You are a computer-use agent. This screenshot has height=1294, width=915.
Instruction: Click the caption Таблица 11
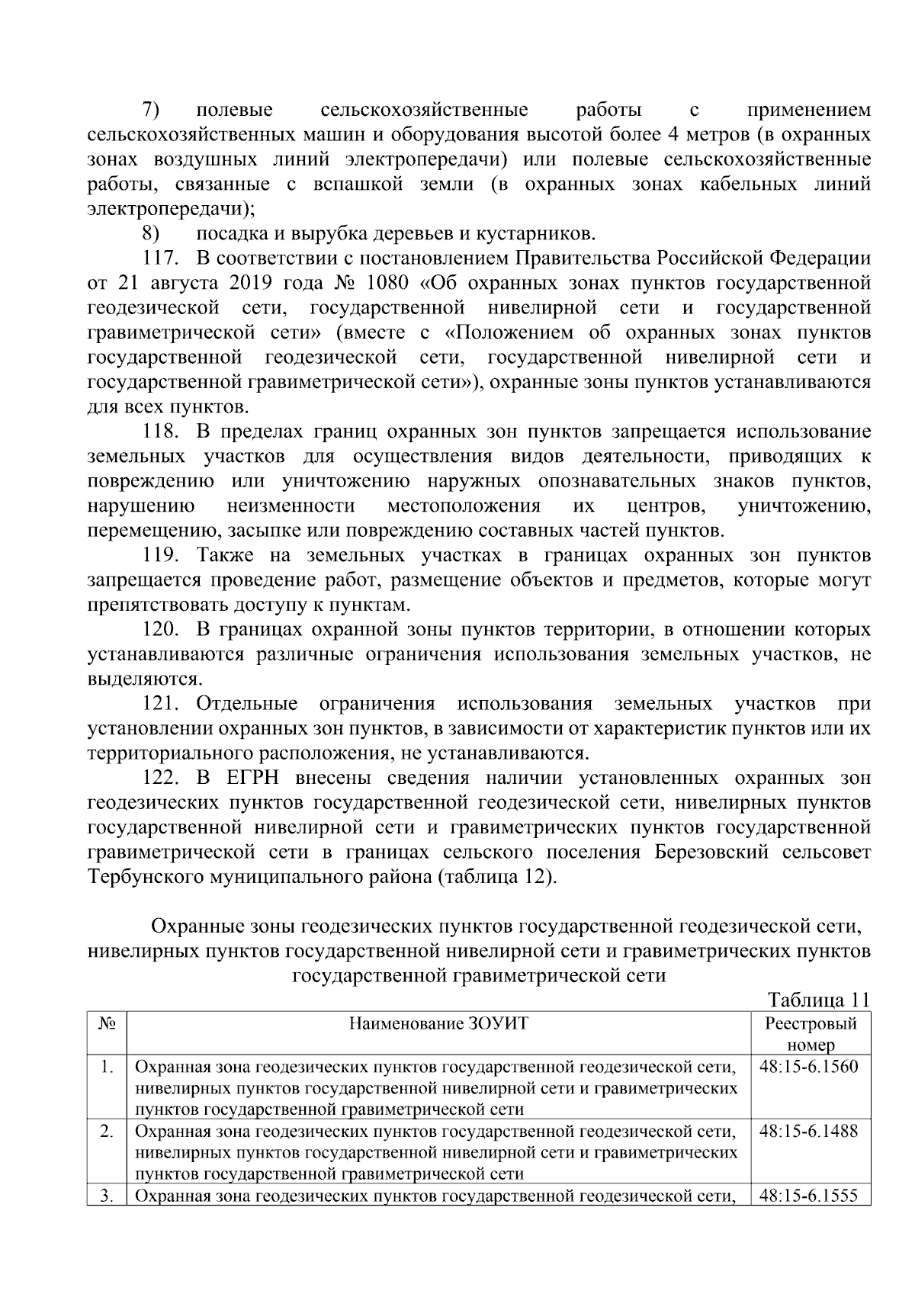point(818,1000)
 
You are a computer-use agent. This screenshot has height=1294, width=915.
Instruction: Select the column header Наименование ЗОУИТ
point(438,1023)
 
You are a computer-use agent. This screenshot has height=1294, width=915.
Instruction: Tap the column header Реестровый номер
point(811,1034)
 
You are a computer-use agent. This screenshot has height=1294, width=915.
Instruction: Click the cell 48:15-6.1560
point(809,1067)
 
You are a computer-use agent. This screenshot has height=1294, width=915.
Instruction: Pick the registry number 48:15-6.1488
point(809,1132)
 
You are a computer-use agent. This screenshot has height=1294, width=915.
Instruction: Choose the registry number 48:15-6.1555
point(809,1196)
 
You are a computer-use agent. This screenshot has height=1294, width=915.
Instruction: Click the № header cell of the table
point(107,1023)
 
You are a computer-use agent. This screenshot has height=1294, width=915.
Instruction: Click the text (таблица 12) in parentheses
point(497,877)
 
